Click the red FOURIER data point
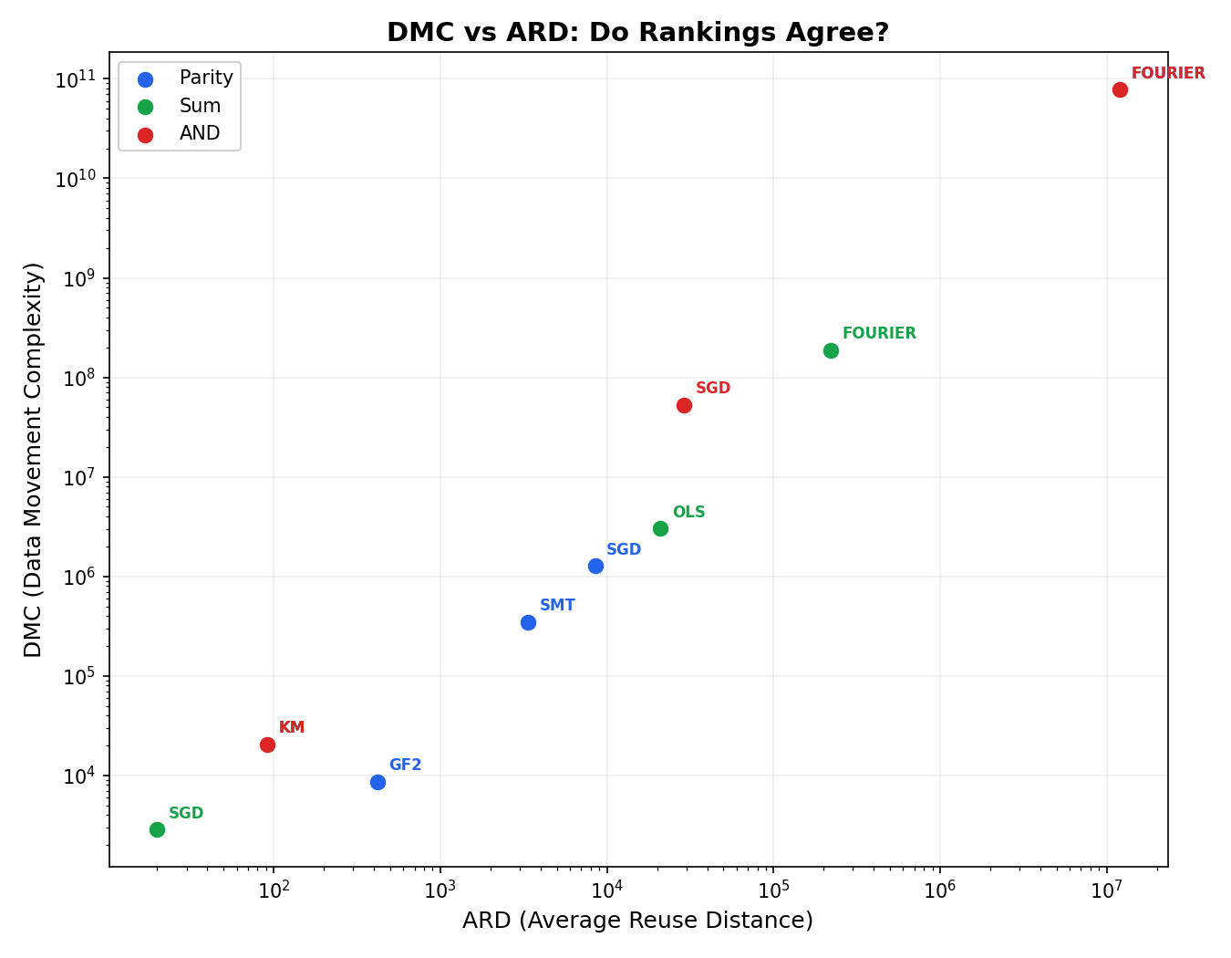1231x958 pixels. pos(1120,89)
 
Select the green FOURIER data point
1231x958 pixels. pos(831,350)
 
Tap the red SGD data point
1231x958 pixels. pos(684,405)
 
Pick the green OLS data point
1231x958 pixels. pos(660,528)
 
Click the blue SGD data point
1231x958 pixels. pos(595,566)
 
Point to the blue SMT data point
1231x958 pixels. pos(528,622)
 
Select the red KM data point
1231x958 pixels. pos(267,745)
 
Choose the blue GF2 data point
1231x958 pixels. pos(378,782)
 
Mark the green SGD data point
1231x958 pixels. pos(157,829)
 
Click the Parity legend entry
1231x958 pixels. pos(205,78)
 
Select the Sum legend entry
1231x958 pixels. pos(200,106)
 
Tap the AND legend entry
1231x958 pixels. pos(200,133)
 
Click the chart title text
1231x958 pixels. pos(637,33)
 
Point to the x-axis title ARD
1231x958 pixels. pos(637,921)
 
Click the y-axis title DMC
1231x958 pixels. pos(34,459)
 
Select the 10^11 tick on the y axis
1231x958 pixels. pos(77,79)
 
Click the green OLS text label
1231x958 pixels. pos(688,513)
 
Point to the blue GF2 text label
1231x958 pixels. pos(405,765)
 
